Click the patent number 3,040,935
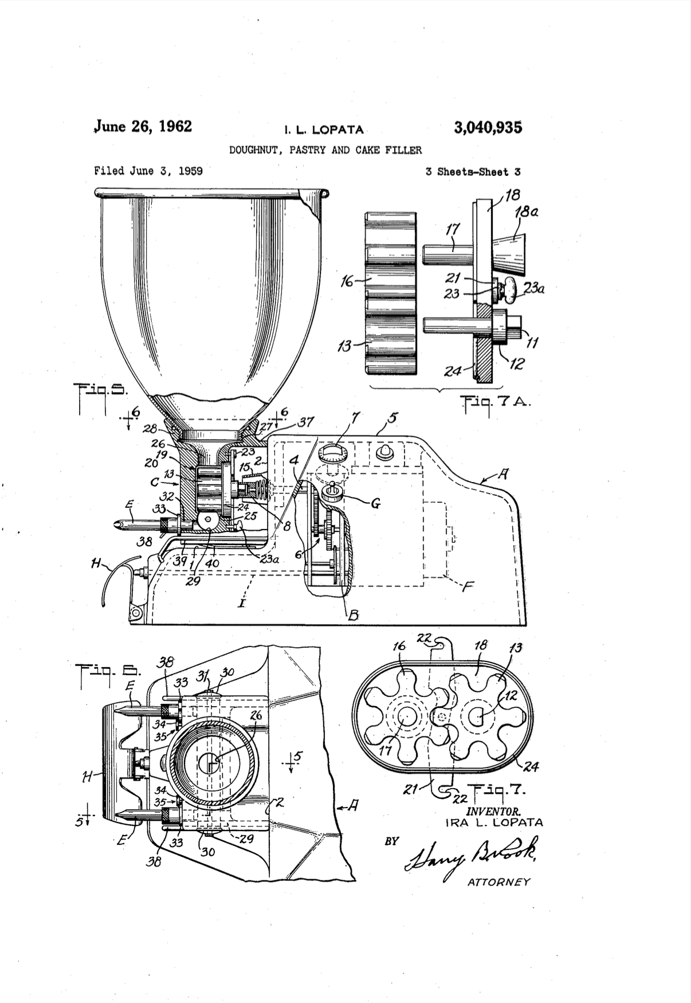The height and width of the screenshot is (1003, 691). pyautogui.click(x=488, y=127)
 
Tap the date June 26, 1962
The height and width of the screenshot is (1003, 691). pyautogui.click(x=143, y=126)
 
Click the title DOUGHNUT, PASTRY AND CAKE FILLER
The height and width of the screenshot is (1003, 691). pyautogui.click(x=325, y=150)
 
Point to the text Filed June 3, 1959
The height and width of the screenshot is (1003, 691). pyautogui.click(x=148, y=171)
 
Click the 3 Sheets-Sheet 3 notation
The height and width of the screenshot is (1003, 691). pyautogui.click(x=473, y=171)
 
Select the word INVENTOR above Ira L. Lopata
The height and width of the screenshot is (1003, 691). pyautogui.click(x=493, y=811)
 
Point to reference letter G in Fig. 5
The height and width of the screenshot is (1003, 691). pyautogui.click(x=375, y=504)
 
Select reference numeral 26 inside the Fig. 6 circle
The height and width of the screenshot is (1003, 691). pyautogui.click(x=256, y=715)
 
